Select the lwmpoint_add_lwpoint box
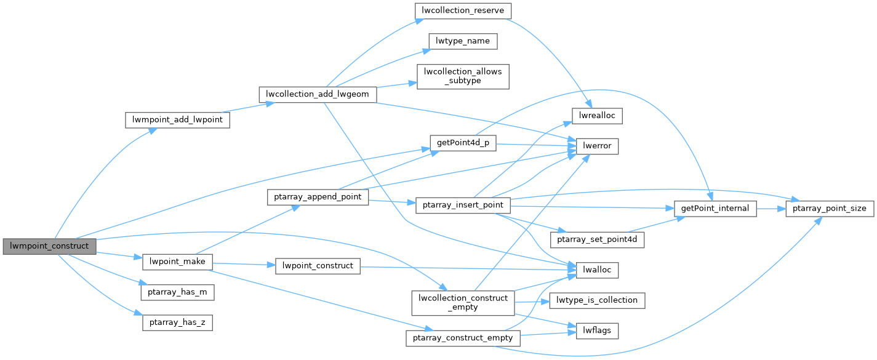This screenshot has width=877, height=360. (x=177, y=119)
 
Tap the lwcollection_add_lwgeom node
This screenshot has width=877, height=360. (x=318, y=94)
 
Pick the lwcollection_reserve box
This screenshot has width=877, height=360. (x=462, y=10)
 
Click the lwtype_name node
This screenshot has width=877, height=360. (x=462, y=41)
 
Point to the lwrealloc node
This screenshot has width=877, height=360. (x=597, y=115)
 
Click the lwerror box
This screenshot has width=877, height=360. (x=597, y=146)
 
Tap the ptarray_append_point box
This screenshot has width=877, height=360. (x=318, y=198)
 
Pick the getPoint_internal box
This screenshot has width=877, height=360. (x=715, y=209)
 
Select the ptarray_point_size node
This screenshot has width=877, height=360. (x=829, y=209)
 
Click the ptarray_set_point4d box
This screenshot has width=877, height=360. (x=596, y=239)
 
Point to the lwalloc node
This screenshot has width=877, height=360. (x=596, y=269)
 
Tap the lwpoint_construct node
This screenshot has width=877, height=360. (x=318, y=266)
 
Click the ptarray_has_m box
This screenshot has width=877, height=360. (x=177, y=292)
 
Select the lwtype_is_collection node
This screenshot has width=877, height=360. (x=596, y=300)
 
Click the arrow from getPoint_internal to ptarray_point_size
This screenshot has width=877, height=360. (x=771, y=209)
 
